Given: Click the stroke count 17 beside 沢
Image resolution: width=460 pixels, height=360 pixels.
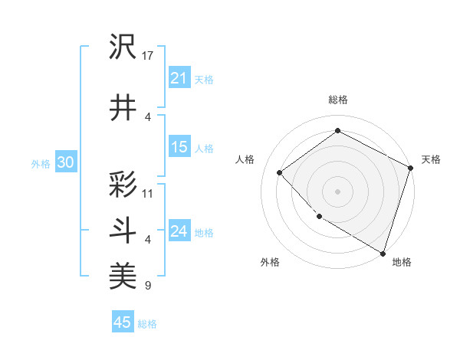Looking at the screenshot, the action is tap(149, 56).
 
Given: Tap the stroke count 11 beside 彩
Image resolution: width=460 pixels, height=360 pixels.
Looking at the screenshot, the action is tap(148, 193).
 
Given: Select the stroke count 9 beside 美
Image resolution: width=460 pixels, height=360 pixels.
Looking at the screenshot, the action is tap(147, 286).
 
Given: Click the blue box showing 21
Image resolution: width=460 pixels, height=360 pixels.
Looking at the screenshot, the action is tap(179, 77).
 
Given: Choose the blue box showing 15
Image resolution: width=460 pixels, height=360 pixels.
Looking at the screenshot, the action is tap(179, 147).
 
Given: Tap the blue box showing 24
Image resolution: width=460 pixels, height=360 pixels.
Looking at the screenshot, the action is tap(179, 231).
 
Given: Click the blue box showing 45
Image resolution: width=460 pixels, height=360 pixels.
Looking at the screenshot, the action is tap(123, 322).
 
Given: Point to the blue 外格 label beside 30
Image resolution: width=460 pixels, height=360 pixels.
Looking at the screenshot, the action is tap(41, 163).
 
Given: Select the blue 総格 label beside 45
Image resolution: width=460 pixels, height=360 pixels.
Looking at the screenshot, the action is tap(147, 324).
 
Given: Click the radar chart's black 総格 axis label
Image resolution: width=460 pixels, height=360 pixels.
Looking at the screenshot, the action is tap(337, 100).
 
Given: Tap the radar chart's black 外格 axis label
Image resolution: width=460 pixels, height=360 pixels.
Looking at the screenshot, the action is tap(270, 263).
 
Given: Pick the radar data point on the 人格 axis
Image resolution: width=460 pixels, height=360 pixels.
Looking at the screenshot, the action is tap(280, 172).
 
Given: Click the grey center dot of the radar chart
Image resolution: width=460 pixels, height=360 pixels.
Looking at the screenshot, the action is tap(337, 191).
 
